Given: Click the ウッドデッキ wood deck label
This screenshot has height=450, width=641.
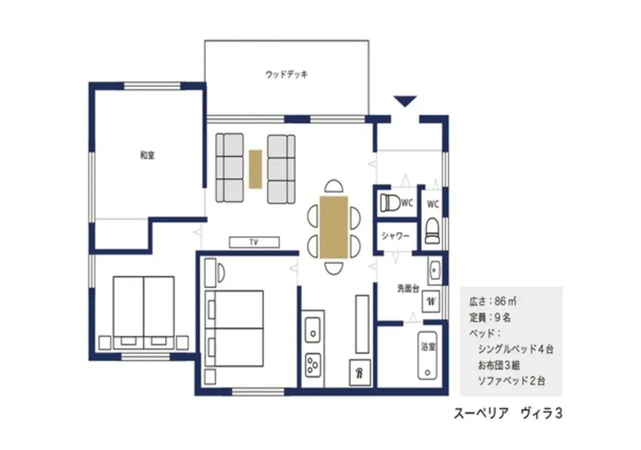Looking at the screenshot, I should pos(286,74).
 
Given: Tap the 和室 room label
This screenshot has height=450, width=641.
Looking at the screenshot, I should pos(147,155).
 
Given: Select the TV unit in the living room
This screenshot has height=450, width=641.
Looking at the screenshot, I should pos(254,242).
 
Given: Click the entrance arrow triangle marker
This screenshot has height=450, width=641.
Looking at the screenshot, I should pos(405,101).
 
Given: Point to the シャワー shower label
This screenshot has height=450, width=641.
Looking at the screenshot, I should pos(396,235).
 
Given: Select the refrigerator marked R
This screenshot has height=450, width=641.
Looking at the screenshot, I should pos(360,372).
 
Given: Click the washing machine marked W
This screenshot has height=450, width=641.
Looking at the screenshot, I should pos(431,301).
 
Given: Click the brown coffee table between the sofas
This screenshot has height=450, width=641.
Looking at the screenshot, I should pos(255,169).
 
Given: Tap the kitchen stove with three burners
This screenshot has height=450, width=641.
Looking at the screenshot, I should pos(313,364).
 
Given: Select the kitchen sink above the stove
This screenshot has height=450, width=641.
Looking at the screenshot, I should pos(312,329).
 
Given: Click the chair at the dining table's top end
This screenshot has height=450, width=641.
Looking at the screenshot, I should pos(334,186).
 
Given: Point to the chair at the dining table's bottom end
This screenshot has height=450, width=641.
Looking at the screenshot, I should pos(334,268).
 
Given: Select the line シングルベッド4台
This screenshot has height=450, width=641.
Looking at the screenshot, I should pos(515,349).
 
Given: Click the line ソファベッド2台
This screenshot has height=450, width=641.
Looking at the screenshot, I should pos(511,380).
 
